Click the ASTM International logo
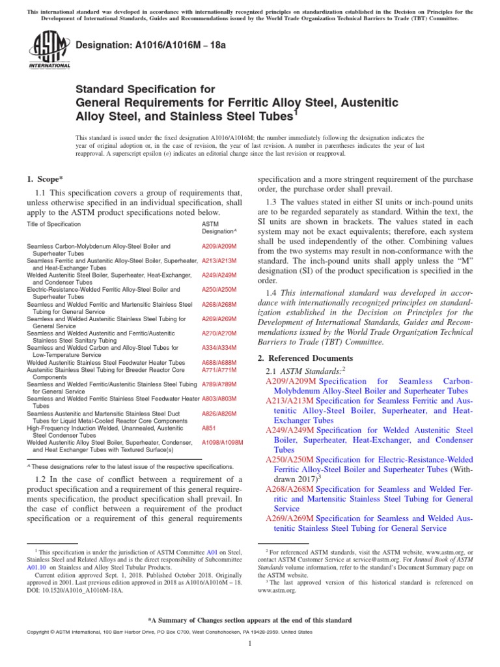pos(49,51)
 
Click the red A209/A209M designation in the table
pos(219,247)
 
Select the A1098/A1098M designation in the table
pos(222,442)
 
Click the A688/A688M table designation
pos(219,362)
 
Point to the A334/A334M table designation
pos(219,348)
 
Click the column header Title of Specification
pos(53,224)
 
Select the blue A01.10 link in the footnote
pos(35,567)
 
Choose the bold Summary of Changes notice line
pos(250,620)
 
